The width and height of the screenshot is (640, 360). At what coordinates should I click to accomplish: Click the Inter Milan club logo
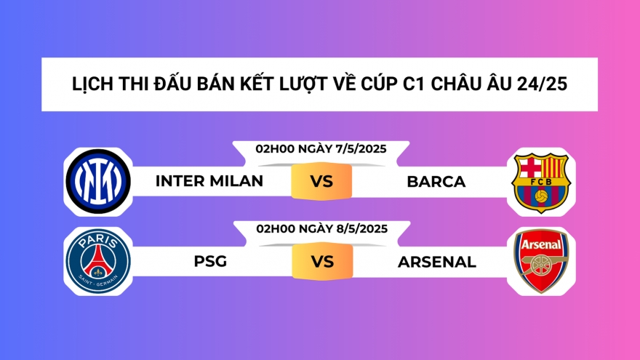point(97,180)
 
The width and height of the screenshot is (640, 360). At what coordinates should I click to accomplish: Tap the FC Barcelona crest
point(540,181)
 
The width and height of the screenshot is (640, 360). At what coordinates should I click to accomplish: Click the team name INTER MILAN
point(209,181)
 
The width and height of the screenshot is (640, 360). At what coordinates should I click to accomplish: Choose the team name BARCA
point(436,181)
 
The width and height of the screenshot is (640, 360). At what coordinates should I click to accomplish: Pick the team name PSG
point(210,261)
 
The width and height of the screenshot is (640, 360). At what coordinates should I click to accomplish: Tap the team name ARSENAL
point(436,261)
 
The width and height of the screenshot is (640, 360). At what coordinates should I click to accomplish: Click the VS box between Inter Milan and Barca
point(321,181)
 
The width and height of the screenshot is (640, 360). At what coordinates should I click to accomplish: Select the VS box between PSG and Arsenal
point(321,261)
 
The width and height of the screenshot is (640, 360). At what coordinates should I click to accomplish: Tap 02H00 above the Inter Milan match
point(272,148)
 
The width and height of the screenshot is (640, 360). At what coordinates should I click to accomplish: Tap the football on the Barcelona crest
point(540,196)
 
